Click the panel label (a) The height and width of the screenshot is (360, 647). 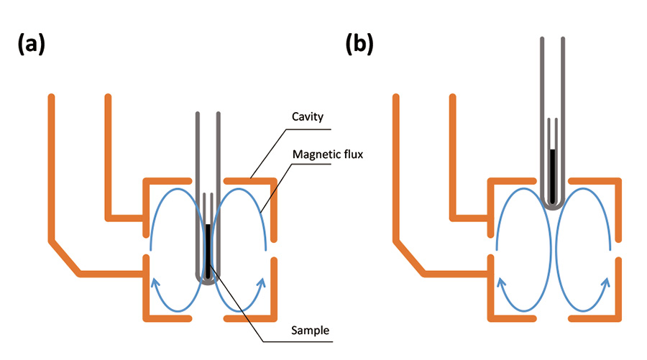31,45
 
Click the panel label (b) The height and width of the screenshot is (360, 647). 359,45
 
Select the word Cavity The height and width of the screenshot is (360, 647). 307,116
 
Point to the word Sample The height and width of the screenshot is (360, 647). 311,331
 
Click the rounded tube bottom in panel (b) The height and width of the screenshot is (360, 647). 552,205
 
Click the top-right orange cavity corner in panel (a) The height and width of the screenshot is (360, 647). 273,180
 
